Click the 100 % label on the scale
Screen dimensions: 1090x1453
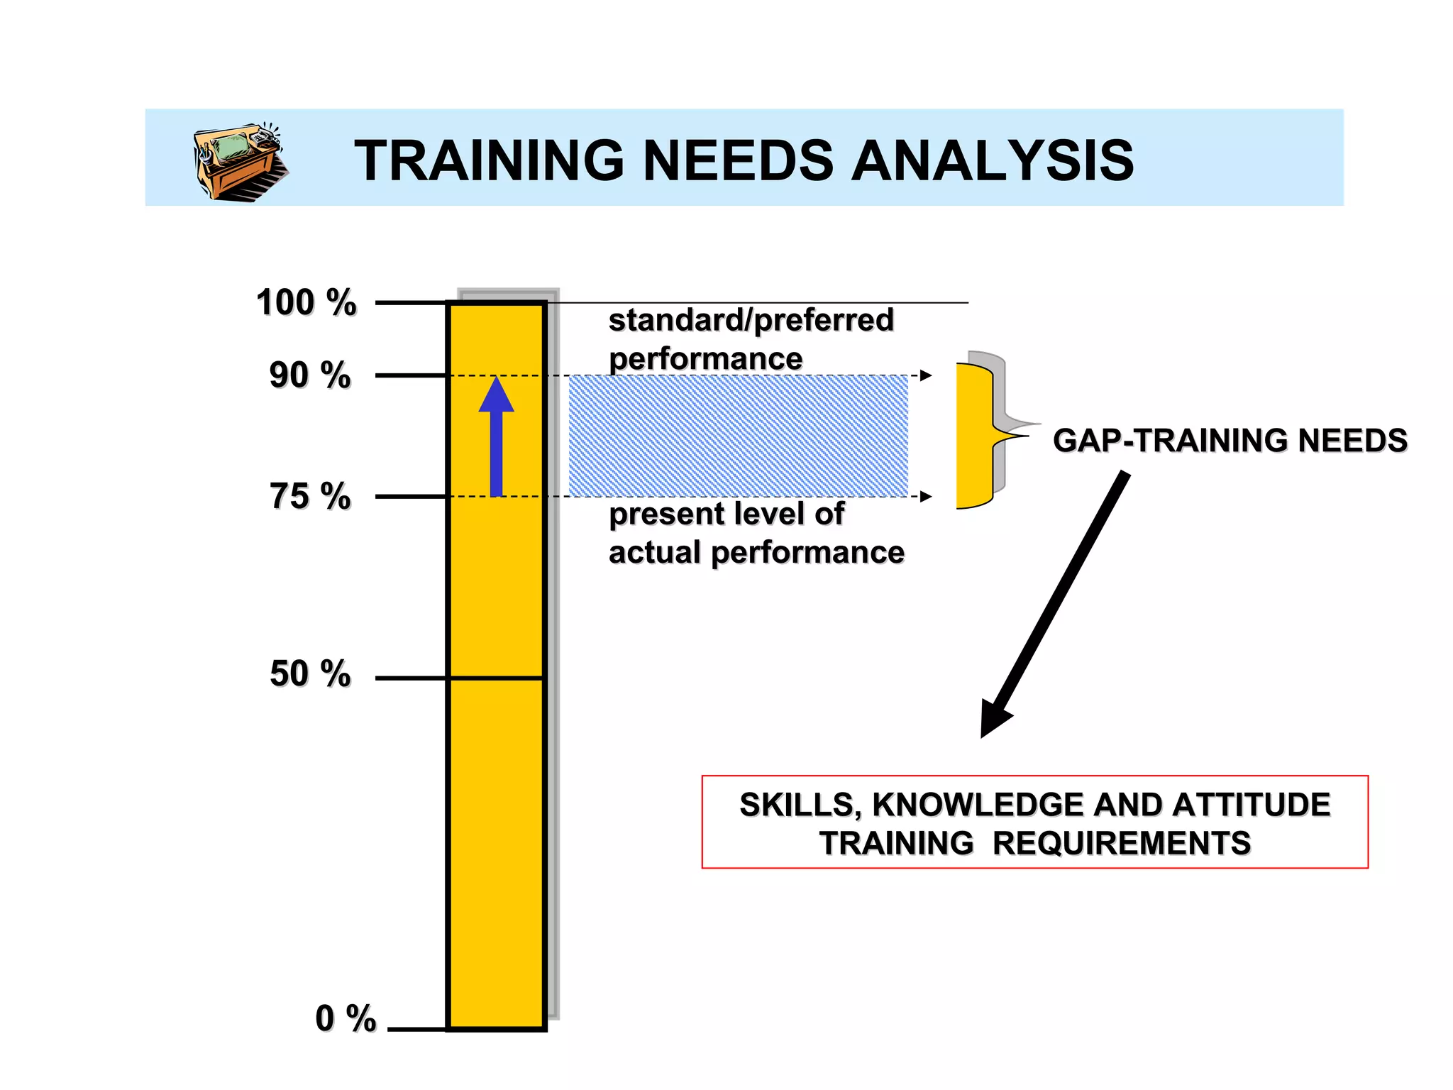306,303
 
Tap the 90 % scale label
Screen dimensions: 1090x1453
310,375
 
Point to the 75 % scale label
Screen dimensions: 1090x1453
310,496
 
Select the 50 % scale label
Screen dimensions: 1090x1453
310,673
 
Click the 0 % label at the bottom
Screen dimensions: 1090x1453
346,1019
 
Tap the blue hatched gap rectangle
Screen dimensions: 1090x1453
738,436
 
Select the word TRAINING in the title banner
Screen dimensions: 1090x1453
489,161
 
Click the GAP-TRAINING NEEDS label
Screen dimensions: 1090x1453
1230,441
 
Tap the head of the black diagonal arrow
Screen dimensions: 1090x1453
995,720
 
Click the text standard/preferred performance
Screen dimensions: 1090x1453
751,339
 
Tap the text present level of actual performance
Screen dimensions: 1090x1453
756,533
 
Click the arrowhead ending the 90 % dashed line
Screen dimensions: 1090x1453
926,375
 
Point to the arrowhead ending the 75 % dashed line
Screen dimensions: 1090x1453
926,496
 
